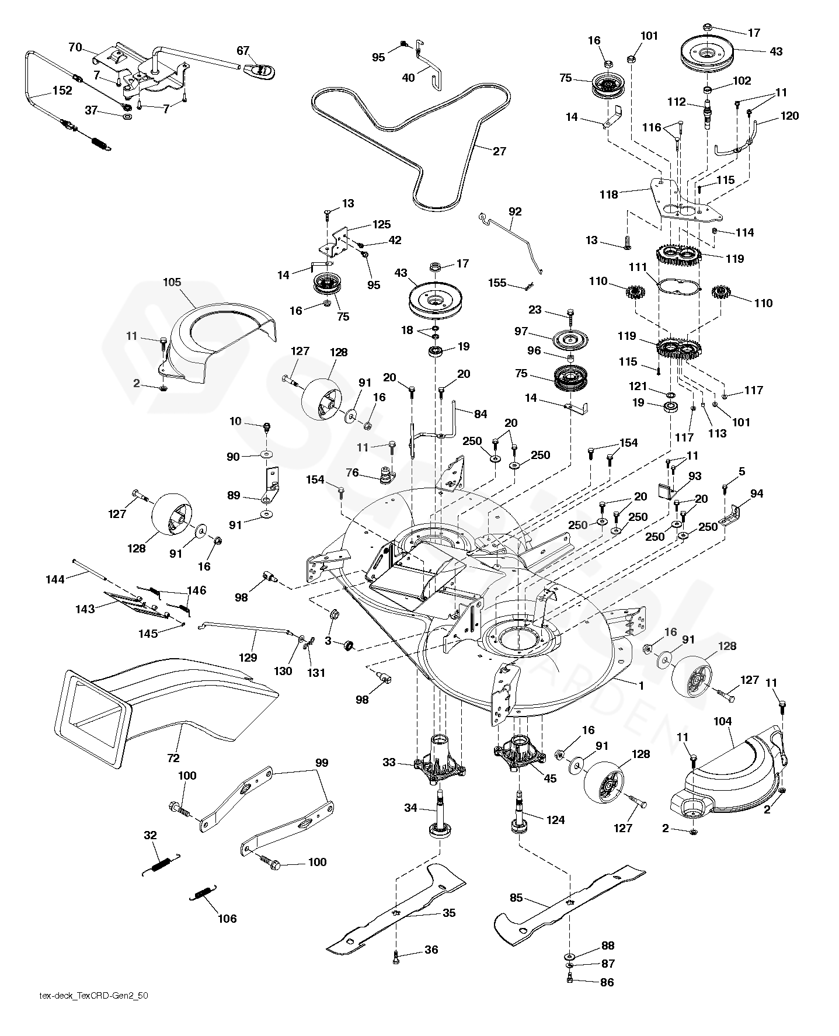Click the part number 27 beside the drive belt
tap(499, 151)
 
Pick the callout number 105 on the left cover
tap(172, 283)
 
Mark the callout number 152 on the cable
tap(62, 91)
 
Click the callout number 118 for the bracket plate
tap(609, 194)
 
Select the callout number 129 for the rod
tap(248, 658)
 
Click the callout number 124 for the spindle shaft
tap(555, 819)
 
